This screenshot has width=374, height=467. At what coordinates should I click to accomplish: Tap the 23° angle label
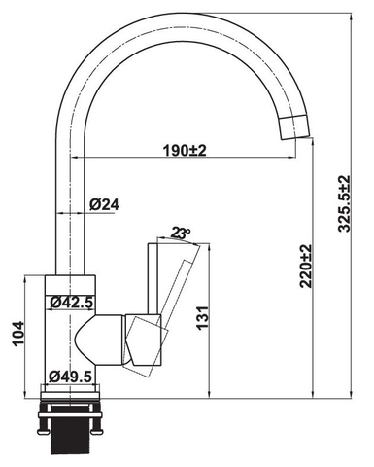(179, 233)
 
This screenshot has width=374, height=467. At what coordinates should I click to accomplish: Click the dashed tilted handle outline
(185, 292)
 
